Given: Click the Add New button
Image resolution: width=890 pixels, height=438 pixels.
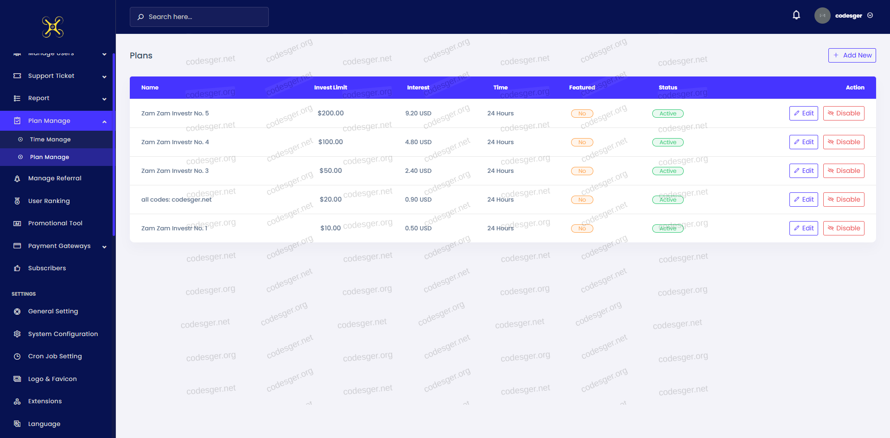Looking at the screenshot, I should (x=852, y=55).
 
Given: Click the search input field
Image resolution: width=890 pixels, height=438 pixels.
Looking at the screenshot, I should (x=199, y=17).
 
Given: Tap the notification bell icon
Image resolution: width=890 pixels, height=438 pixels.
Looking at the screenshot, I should (x=796, y=15).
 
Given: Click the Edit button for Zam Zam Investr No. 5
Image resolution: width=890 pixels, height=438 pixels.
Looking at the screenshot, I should (x=804, y=113).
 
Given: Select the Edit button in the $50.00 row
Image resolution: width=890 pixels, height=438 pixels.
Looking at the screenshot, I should (x=804, y=171).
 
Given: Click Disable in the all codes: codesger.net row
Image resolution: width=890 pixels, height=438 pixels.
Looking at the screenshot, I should (x=844, y=199).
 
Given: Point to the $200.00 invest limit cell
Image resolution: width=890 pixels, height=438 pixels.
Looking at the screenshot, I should (x=331, y=113).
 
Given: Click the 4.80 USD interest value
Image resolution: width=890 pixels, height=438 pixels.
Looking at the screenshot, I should (x=418, y=142).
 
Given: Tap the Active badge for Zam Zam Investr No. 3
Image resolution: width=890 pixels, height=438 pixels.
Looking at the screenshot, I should (x=667, y=171).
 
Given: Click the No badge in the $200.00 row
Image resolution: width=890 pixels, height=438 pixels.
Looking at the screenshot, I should (x=582, y=114).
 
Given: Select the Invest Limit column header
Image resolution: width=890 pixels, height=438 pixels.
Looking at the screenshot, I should (x=331, y=88).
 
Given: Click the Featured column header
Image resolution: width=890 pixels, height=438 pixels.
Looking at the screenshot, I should (x=582, y=88).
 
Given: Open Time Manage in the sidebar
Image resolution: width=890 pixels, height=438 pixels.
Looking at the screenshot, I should (x=50, y=140).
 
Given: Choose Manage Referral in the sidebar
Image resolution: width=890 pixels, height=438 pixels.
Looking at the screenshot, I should (x=55, y=178).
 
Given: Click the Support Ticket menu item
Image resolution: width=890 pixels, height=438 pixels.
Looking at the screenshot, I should (x=51, y=76).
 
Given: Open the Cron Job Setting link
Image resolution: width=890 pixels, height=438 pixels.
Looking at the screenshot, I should (x=55, y=356).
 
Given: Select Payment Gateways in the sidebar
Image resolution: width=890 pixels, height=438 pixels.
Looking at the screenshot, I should (x=59, y=246).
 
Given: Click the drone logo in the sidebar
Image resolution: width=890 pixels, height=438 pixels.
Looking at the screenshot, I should (x=53, y=27).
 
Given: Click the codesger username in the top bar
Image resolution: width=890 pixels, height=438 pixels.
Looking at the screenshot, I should (x=848, y=16).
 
